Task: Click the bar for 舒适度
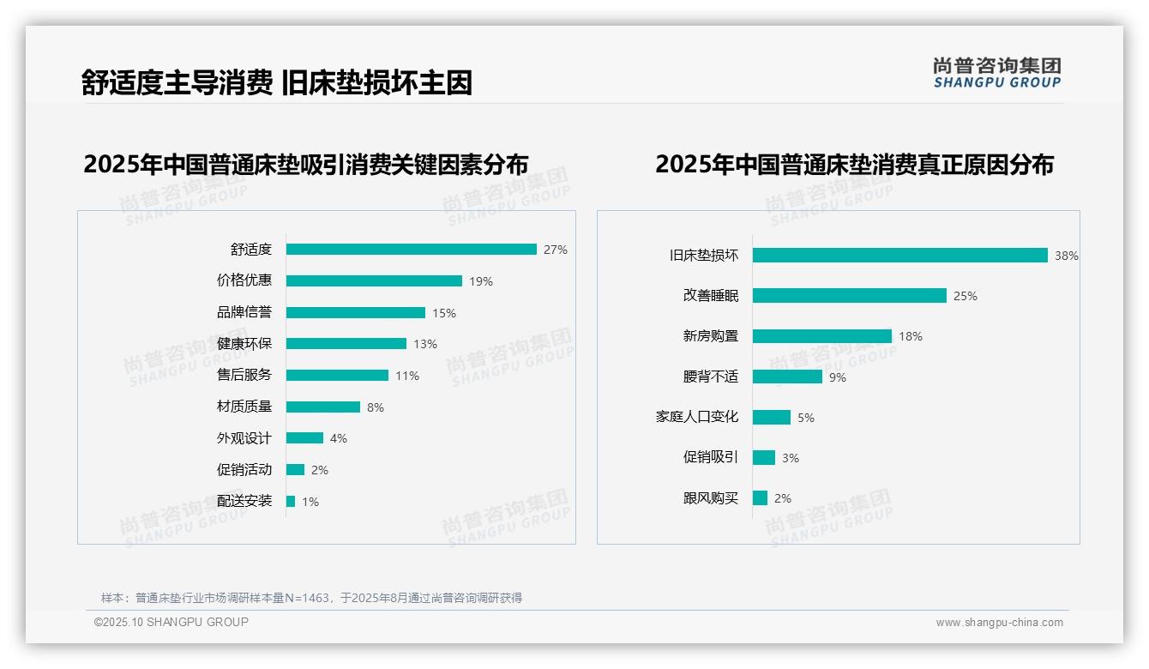click(x=412, y=250)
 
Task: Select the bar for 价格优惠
click(x=374, y=280)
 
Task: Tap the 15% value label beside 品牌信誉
click(x=444, y=313)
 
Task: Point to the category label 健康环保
click(x=244, y=344)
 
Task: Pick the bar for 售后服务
click(x=337, y=376)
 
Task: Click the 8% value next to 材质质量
click(x=376, y=407)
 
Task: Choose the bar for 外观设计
click(x=304, y=438)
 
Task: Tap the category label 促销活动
click(x=244, y=470)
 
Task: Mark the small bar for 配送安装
click(x=291, y=502)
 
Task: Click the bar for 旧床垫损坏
click(x=900, y=256)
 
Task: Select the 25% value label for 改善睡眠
click(x=966, y=296)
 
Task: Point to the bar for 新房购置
click(x=822, y=336)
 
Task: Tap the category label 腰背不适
click(x=710, y=377)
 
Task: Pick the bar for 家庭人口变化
click(x=772, y=417)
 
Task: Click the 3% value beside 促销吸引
click(x=791, y=458)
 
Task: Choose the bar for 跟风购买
click(x=760, y=498)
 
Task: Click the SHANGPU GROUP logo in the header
click(x=997, y=73)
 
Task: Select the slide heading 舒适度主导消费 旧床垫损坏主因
click(x=277, y=82)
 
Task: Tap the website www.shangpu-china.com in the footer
click(x=999, y=623)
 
